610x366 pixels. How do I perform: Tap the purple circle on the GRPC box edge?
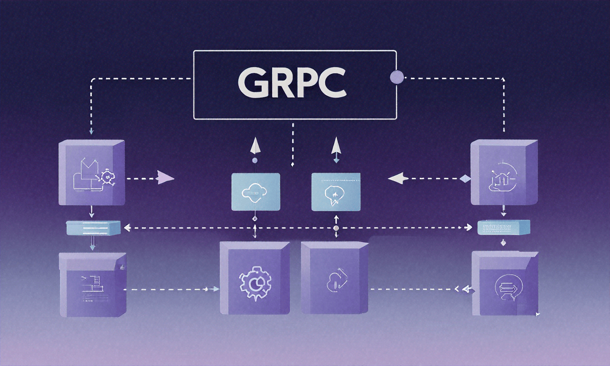pos(396,76)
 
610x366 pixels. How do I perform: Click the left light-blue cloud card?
pos(255,192)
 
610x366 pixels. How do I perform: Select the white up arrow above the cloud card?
pos(255,145)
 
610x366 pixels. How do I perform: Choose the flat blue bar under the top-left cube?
pos(93,228)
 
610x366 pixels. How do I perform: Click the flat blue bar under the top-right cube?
pos(503,227)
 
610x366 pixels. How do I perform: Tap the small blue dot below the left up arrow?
pos(254,161)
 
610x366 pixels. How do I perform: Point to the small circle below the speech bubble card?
pos(336,229)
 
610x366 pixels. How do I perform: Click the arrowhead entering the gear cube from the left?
pos(216,289)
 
